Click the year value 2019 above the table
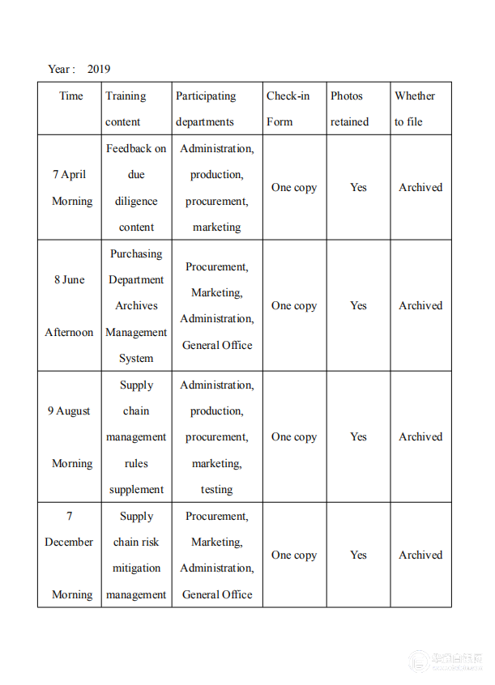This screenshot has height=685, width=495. tap(99, 69)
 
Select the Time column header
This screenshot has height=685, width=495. tap(71, 96)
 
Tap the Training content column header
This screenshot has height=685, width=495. tap(126, 108)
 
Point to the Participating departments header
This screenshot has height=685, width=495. tap(206, 108)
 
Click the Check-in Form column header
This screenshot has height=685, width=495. tap(288, 108)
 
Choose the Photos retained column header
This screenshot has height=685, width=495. tap(349, 108)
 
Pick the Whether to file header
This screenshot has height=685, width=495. tap(415, 108)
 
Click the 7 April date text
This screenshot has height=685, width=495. tap(70, 174)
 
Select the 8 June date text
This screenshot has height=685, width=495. tap(70, 279)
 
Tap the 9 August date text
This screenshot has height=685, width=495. tap(69, 411)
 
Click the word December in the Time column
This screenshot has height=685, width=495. tap(69, 542)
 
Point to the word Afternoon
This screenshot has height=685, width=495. tap(69, 332)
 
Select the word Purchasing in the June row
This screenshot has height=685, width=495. tap(136, 253)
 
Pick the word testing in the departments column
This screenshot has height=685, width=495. tap(216, 489)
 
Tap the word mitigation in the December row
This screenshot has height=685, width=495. tap(136, 568)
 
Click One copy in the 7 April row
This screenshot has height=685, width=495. tap(294, 187)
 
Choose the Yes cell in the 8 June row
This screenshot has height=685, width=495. tap(358, 305)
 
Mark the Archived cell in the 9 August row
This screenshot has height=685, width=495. tap(420, 436)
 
